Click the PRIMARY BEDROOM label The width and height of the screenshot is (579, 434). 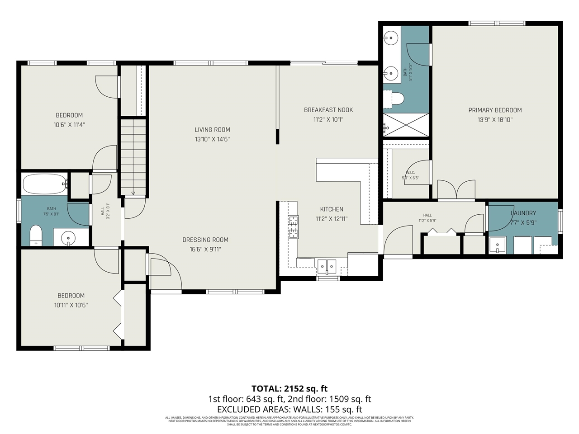click(495, 110)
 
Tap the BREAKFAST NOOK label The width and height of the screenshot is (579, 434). click(328, 110)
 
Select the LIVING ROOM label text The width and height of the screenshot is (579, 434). click(212, 130)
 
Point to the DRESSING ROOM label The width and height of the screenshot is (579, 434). click(205, 240)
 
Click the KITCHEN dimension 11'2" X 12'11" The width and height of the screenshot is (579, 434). click(332, 219)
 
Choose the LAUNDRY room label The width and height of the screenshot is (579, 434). click(523, 213)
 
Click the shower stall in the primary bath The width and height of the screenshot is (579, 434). click(406, 125)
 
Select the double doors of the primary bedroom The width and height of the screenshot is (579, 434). click(456, 190)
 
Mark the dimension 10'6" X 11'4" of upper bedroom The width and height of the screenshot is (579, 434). click(69, 125)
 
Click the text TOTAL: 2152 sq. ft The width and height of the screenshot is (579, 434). click(289, 388)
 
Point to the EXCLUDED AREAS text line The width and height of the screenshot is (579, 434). click(289, 410)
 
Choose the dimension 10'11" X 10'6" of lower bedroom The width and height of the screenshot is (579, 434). click(71, 305)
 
